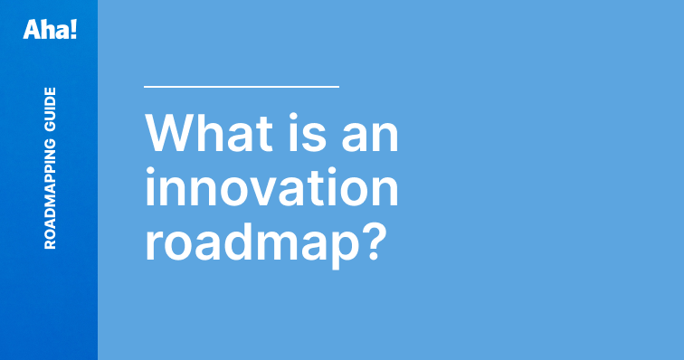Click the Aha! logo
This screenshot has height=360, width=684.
click(x=50, y=29)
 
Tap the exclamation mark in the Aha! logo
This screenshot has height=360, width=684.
click(x=73, y=29)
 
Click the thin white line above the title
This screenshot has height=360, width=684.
click(x=241, y=87)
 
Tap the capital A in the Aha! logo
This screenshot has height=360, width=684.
click(x=33, y=29)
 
